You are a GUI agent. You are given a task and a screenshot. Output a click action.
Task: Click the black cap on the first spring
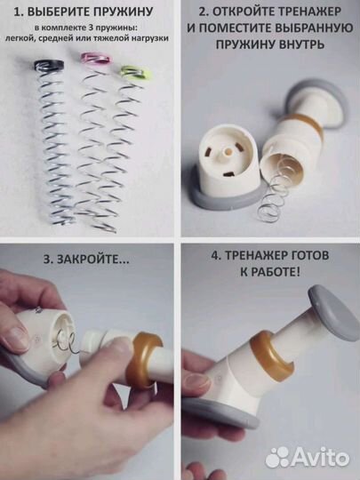[x=47, y=66]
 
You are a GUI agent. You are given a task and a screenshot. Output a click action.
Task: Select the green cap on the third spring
[x=132, y=71]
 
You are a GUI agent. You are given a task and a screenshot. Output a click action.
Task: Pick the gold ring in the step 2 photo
[x=308, y=128]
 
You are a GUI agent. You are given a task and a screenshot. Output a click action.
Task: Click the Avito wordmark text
[x=321, y=457]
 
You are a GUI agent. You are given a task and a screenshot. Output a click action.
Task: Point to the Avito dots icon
[x=278, y=457]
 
